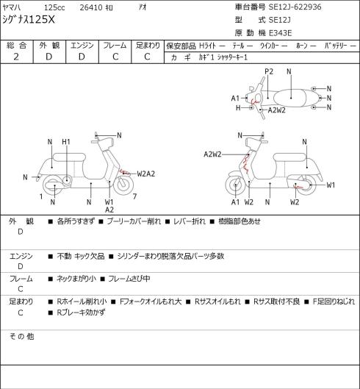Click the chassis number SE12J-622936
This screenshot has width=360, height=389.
pos(295,7)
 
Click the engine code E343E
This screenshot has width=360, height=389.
pos(280,33)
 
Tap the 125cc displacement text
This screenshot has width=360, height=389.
pos(54,7)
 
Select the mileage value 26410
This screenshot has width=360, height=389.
pos(91,7)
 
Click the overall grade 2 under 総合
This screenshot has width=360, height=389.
pos(16,57)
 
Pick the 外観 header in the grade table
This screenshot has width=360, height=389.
pos(49,46)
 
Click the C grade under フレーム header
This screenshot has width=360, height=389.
pos(115,57)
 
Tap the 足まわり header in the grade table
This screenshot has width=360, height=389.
pos(148,46)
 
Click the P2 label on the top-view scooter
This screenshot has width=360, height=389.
pos(269,71)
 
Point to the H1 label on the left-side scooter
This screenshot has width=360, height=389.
pos(66,142)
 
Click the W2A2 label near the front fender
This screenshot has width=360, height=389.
pos(146,174)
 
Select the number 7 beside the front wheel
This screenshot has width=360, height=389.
pos(134,196)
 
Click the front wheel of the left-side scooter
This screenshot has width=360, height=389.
pos(123,185)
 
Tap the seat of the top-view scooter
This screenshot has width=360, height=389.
pos(290,99)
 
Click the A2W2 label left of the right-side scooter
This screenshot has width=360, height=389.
pos(212,154)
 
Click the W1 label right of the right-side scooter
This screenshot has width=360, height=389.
pos(331,185)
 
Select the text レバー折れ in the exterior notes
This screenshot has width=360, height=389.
pos(190,221)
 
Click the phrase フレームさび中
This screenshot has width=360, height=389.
pos(129,279)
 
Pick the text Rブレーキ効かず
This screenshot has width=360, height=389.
pos(81,313)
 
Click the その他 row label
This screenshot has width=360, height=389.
pos(21,336)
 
